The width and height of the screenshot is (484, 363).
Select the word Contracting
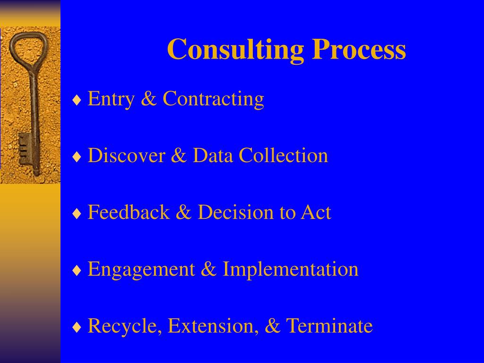213,99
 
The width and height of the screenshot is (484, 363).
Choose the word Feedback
129,213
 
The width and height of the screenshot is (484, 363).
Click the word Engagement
141,270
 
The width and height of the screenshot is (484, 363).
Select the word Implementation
290,269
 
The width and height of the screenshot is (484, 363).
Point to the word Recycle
124,327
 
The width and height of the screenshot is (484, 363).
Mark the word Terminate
329,326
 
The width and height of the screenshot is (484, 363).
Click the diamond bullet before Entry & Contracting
77,101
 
